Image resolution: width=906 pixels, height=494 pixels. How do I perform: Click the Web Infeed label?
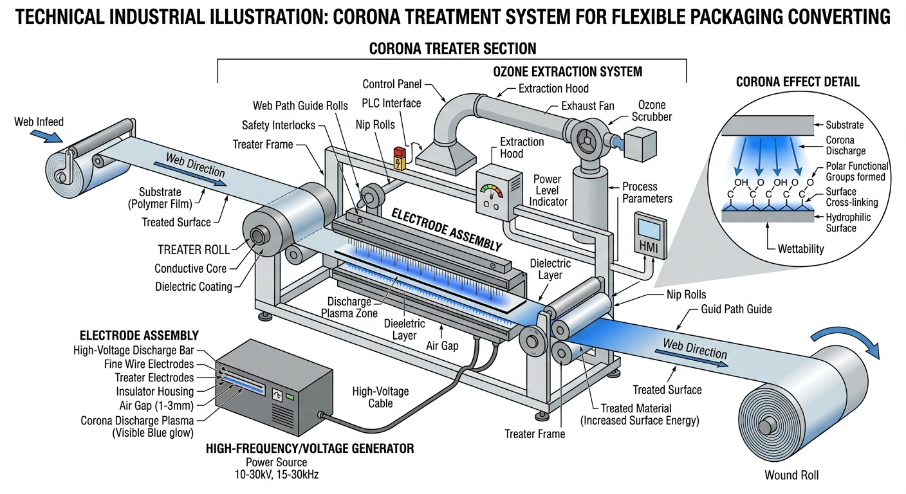[x=39, y=122]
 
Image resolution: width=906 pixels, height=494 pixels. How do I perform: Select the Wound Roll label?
[x=791, y=476]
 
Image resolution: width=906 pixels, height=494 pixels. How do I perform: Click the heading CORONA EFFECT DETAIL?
[x=797, y=82]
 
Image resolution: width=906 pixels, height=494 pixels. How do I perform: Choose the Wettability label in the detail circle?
[x=800, y=248]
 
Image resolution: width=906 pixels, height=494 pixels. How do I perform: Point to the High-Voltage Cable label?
[x=380, y=397]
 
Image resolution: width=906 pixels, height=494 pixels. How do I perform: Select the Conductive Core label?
[x=190, y=268]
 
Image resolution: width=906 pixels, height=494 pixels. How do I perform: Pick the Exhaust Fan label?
[x=587, y=106]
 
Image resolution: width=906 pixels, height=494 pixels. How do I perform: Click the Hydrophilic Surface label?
[x=847, y=223]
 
